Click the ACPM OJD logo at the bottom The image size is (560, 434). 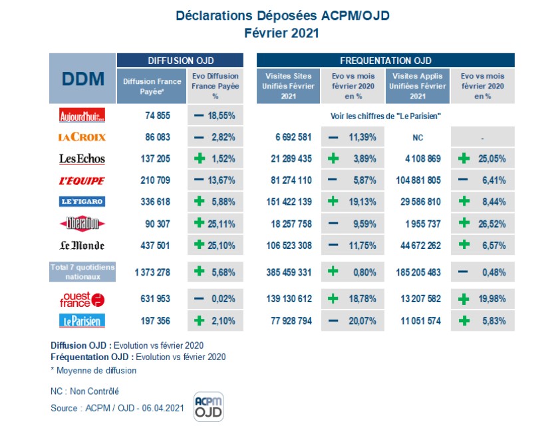[208, 407]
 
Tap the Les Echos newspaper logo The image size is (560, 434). [82, 159]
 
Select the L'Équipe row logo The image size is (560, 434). [82, 180]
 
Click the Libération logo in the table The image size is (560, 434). [82, 223]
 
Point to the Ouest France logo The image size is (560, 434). [82, 299]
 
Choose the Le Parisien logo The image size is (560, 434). [82, 321]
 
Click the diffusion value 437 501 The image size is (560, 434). [158, 245]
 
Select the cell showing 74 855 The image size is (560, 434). [158, 115]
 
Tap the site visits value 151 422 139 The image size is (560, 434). [289, 202]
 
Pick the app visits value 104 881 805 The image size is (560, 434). [417, 180]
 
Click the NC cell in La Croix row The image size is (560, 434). [417, 137]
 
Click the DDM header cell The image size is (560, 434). [82, 79]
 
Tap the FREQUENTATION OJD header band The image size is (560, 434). [386, 60]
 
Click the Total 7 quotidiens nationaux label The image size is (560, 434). [82, 272]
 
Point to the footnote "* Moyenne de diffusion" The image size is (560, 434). [93, 370]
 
